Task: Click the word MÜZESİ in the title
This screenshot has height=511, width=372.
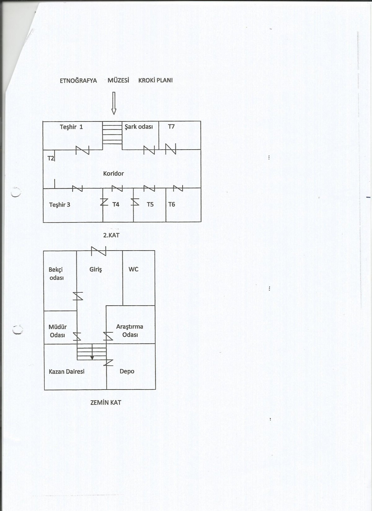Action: [x=118, y=80]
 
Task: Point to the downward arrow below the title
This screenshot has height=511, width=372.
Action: [x=114, y=103]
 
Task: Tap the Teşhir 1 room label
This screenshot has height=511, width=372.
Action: [x=71, y=127]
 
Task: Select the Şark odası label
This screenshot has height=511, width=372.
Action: [x=139, y=127]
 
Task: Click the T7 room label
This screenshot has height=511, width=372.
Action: [x=171, y=127]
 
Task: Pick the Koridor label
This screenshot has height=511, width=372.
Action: [x=113, y=174]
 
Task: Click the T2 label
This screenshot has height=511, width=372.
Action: [x=51, y=158]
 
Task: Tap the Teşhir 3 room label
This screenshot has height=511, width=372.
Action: [x=60, y=205]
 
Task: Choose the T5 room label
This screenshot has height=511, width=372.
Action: [x=150, y=204]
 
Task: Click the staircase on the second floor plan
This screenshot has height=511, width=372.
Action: [x=112, y=133]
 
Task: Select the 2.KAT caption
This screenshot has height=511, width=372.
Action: [x=111, y=235]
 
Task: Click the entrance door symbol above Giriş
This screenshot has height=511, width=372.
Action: [x=99, y=251]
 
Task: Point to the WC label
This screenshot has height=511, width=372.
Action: [x=133, y=269]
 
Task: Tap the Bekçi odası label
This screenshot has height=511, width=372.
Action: [x=56, y=273]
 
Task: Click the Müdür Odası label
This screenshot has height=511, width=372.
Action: [x=58, y=331]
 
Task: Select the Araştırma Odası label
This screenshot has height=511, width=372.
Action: [x=130, y=330]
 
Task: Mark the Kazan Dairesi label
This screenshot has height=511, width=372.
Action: [x=67, y=372]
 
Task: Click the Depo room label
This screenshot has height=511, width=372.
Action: [x=127, y=372]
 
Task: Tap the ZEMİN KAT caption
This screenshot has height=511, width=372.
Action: [x=106, y=403]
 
